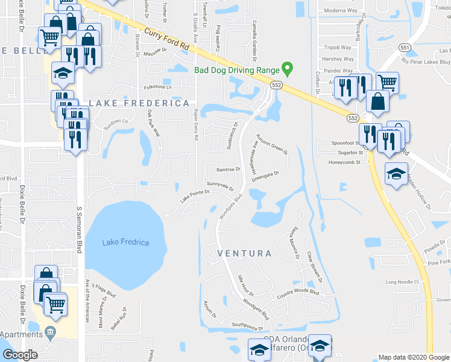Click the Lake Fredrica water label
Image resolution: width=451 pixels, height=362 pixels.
[125, 243]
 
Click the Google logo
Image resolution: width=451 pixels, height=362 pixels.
[20, 355]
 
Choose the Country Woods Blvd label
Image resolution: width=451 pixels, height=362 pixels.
[297, 293]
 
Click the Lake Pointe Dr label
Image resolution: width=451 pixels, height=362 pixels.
[194, 194]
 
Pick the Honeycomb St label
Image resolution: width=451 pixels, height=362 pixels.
[344, 162]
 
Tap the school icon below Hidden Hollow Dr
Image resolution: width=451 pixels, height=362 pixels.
[396, 174]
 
